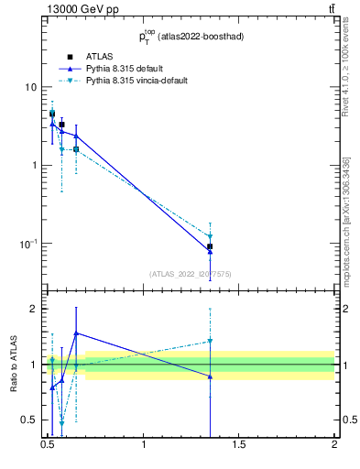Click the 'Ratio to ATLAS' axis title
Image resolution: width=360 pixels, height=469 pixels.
coord(12,365)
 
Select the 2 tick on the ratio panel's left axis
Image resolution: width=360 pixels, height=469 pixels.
coord(33,309)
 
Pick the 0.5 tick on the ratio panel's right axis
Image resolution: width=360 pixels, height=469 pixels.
coord(348,420)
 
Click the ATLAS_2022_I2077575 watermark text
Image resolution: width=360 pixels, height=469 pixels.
coord(190,273)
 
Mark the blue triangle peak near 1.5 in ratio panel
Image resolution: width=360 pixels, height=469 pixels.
coord(76,333)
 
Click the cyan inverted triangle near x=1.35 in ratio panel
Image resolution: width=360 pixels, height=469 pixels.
coord(210,341)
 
